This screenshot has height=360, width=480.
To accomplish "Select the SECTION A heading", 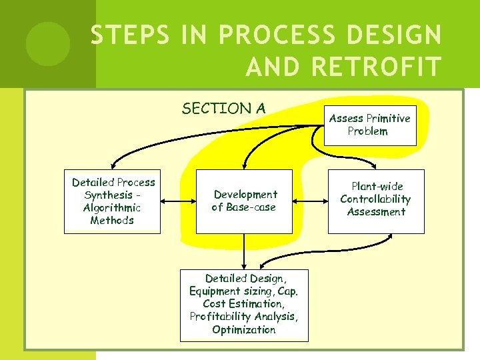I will click(x=223, y=108).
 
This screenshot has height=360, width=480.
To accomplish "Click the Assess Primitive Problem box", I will click(x=370, y=125).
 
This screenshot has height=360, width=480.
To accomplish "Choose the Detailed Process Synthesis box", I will click(x=113, y=201).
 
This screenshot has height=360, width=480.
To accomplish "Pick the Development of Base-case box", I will click(x=245, y=201).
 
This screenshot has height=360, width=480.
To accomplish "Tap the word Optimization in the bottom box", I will click(x=243, y=329).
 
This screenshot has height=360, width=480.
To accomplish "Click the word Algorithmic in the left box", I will click(x=112, y=207).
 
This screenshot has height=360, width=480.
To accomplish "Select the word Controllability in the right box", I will click(x=375, y=199).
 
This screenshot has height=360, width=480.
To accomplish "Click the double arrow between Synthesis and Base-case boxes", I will click(x=178, y=201).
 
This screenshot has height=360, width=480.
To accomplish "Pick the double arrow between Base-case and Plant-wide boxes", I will click(x=309, y=201).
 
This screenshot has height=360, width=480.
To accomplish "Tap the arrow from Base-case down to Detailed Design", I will click(x=244, y=251).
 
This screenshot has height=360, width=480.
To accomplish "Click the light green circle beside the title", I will click(x=47, y=43).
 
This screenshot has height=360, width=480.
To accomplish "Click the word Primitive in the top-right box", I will click(x=388, y=119).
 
